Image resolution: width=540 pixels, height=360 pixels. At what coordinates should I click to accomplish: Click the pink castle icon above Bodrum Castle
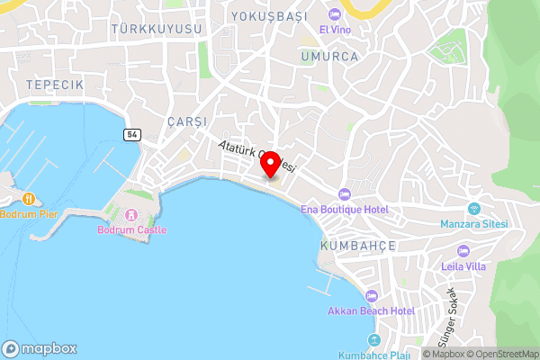[x=130, y=215]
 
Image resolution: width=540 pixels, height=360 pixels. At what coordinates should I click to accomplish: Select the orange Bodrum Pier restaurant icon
[x=30, y=198]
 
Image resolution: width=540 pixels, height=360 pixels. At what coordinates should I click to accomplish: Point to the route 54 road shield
[x=132, y=134]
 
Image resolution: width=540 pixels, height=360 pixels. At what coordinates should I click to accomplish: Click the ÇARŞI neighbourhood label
[x=187, y=121]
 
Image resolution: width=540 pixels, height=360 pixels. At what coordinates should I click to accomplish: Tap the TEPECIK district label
[x=55, y=84]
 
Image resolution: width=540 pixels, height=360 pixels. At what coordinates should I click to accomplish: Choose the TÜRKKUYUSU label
[x=156, y=30]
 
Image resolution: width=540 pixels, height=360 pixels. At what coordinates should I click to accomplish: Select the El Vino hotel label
[x=335, y=29]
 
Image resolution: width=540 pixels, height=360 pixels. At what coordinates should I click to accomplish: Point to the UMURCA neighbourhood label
[x=330, y=56]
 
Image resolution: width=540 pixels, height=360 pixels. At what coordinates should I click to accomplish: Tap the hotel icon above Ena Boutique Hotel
[x=344, y=194]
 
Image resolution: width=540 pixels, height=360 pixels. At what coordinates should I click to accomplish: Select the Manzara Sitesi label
[x=474, y=223]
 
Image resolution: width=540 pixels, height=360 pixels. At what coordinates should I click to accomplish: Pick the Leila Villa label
[x=463, y=265]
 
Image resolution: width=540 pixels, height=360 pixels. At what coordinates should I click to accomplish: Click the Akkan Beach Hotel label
[x=371, y=311]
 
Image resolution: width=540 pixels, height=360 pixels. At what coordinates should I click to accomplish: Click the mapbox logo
[x=40, y=348]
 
